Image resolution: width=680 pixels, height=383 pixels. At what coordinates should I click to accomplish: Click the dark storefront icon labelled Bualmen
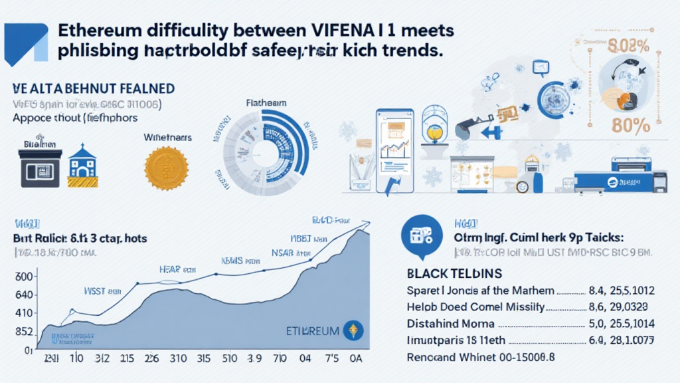point(41,166)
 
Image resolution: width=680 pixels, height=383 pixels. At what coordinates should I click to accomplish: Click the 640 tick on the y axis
point(24,295)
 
